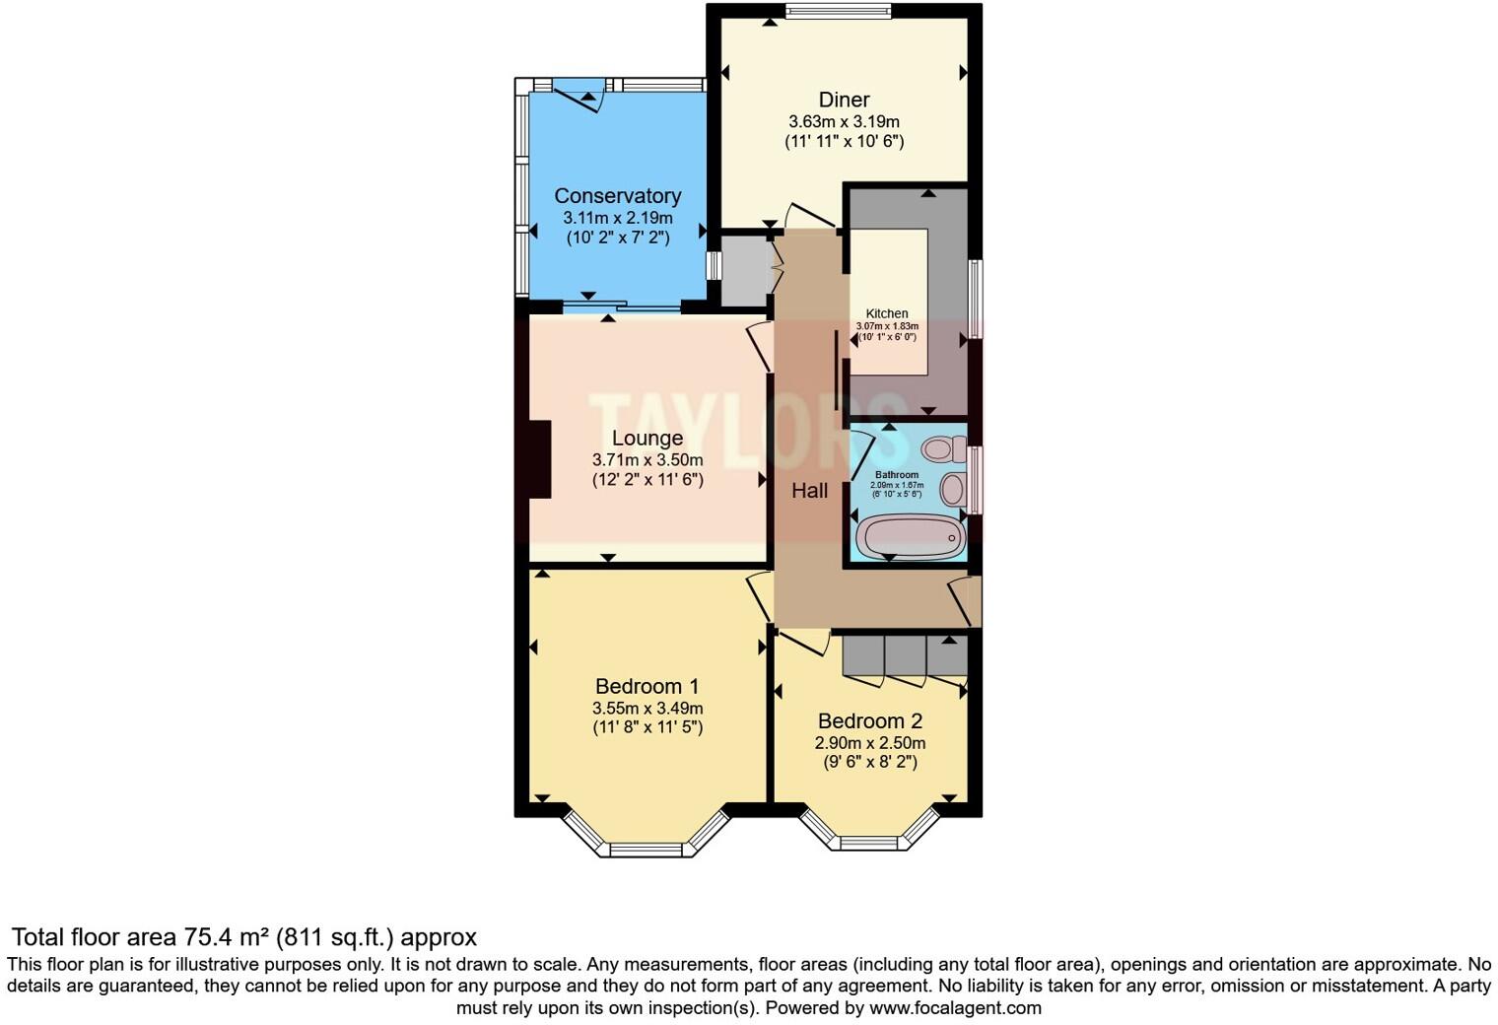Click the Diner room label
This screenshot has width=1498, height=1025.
coord(844,100)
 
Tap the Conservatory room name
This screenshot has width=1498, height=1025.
coord(617,196)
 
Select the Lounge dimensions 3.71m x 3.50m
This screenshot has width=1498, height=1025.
coord(647,460)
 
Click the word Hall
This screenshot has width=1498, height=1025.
coord(809,490)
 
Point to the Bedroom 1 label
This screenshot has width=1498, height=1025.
coord(647,686)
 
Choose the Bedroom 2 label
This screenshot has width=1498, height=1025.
coord(870,721)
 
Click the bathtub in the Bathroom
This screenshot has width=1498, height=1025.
coord(909,537)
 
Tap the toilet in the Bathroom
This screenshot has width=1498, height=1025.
coord(940,450)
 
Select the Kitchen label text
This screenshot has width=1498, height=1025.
coord(887,313)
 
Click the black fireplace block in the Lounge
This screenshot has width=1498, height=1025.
coord(538,460)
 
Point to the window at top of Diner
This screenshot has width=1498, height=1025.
coord(838,12)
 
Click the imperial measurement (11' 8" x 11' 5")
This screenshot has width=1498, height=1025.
coord(647,728)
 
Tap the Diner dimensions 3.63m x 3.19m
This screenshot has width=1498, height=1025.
coord(844,122)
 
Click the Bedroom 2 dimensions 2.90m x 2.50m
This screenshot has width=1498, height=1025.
coord(870,743)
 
